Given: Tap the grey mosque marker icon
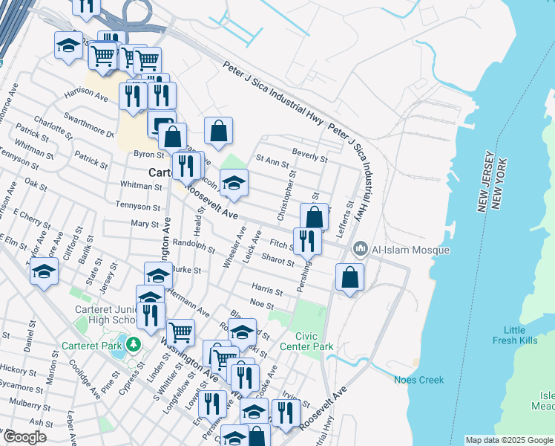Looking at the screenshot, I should click(x=361, y=248).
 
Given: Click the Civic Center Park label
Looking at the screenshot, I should click(x=306, y=341).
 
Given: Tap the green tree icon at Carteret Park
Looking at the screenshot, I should click(x=133, y=344).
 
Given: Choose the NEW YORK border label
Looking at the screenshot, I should click(x=504, y=184).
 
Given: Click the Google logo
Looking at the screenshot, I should click(x=25, y=437).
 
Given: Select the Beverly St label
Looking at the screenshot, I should click(x=309, y=158).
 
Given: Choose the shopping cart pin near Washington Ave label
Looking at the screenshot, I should click(x=181, y=332).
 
